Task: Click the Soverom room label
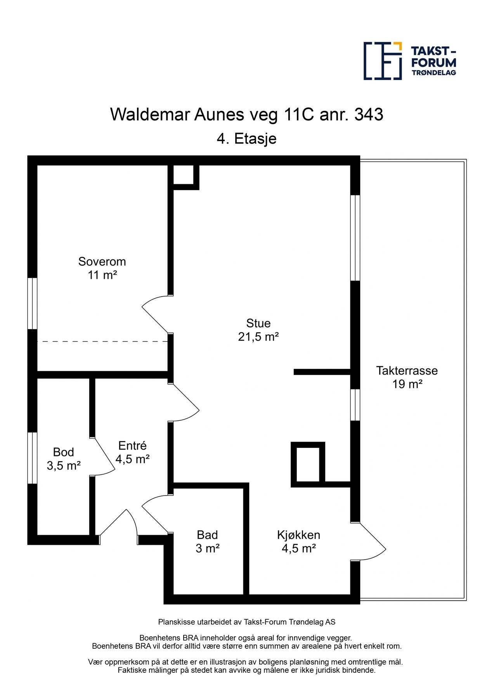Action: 102,268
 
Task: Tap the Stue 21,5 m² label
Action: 258,330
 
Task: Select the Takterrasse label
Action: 407,377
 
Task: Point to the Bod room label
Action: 64,458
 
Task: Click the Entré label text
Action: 133,452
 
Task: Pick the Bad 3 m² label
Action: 208,541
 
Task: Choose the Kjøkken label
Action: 299,541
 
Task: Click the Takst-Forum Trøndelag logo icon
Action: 383,61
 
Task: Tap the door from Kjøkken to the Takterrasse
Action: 368,542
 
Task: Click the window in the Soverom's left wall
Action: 32,304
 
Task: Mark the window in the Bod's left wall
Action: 32,458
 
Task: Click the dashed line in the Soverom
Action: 102,341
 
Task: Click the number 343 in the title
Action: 369,114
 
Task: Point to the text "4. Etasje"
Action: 247,138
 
